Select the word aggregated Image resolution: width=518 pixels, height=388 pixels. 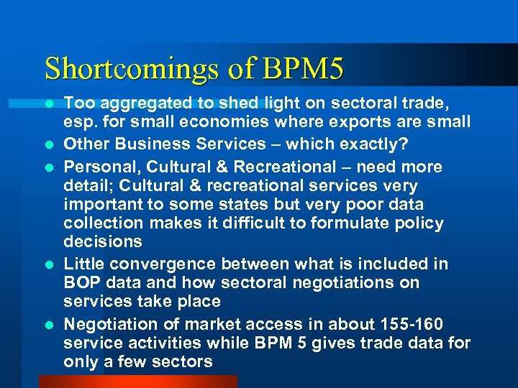pos(128,104)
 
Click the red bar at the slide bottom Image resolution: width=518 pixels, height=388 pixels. pos(137,381)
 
